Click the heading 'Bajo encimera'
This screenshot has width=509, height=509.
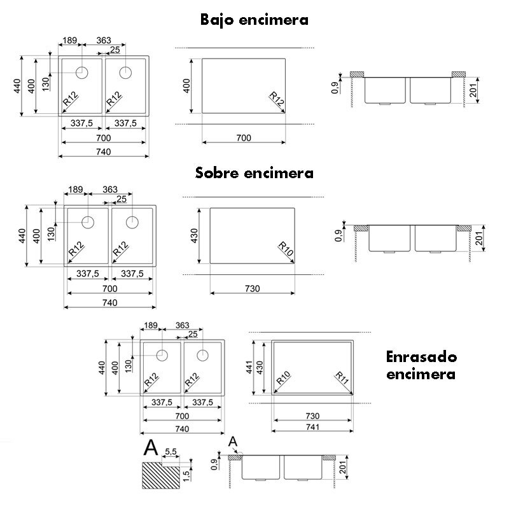[x=254, y=20]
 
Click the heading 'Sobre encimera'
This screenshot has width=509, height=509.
[x=254, y=172]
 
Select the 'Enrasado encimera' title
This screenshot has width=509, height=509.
[x=421, y=365]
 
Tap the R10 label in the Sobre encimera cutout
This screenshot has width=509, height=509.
[x=286, y=249]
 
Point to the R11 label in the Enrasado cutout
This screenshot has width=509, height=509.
[x=342, y=378]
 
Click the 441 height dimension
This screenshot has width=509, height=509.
[x=249, y=367]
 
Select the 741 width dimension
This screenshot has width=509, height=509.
[x=312, y=427]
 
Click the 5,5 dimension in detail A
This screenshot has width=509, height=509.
[x=171, y=452]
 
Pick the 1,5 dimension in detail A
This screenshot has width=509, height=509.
[x=186, y=475]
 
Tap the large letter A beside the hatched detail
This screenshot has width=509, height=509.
[x=151, y=448]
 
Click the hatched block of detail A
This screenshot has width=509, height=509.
[x=161, y=475]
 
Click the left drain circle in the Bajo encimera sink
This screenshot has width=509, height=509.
[x=82, y=73]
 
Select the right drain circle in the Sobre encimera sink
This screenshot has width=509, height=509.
[x=132, y=222]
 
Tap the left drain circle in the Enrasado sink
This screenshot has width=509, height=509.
[x=162, y=356]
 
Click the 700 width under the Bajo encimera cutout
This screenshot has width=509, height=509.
[x=244, y=138]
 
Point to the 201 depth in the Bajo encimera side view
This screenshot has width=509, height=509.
[x=473, y=90]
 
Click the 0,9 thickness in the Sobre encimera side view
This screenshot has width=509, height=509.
[x=338, y=235]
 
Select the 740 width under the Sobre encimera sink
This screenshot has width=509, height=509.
[x=109, y=303]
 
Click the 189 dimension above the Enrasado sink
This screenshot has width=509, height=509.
[x=151, y=325]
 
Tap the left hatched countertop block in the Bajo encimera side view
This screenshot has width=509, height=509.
[x=357, y=74]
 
